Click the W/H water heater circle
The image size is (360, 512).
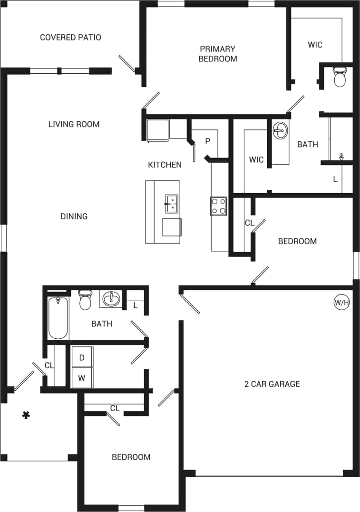341,302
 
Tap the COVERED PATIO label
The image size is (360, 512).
70,37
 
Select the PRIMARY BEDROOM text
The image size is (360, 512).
217,54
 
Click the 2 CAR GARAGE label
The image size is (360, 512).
272,384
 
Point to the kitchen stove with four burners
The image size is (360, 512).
218,206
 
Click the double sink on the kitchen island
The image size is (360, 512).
171,204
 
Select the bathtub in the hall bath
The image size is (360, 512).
58,318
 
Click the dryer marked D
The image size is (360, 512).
82,357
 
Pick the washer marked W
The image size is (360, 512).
82,378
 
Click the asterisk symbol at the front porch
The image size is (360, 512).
26,415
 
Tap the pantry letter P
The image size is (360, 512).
207,141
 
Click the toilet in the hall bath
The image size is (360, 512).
85,300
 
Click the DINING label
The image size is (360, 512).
74,216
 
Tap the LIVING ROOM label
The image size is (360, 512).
74,124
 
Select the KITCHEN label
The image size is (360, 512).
165,165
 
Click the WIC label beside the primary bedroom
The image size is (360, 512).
315,45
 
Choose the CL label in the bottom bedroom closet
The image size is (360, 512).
115,408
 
